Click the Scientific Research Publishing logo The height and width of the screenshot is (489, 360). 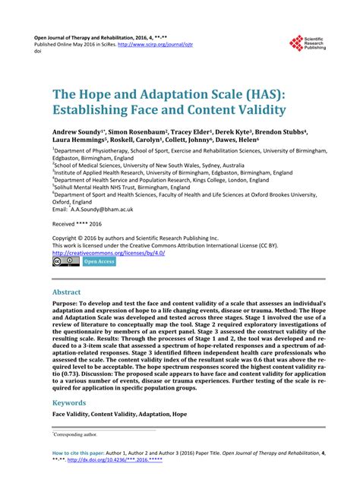point(309,44)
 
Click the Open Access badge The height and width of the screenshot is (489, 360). point(99,262)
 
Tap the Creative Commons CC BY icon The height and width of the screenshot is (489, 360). point(65,262)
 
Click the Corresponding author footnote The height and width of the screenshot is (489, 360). point(75,435)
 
